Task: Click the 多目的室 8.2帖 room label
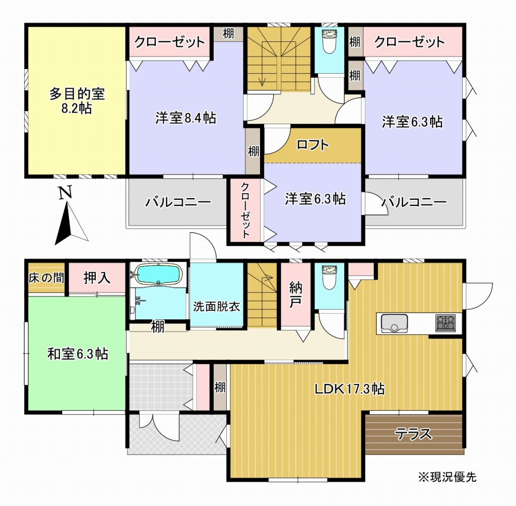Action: tap(77, 101)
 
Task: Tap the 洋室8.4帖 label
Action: tap(185, 119)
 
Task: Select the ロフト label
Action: tap(312, 145)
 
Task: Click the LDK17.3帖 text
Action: tap(350, 389)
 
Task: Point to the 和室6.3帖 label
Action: tap(78, 354)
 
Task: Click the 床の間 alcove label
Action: tap(46, 277)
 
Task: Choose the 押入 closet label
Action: tap(97, 277)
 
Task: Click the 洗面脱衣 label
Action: tap(217, 306)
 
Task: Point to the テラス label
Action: tap(413, 433)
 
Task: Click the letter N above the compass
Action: tap(64, 193)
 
